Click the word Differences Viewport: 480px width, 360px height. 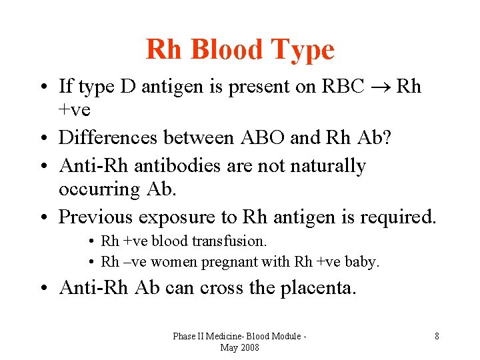tap(110, 137)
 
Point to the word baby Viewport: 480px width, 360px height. tap(361, 262)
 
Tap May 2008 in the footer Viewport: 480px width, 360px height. tap(239, 348)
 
